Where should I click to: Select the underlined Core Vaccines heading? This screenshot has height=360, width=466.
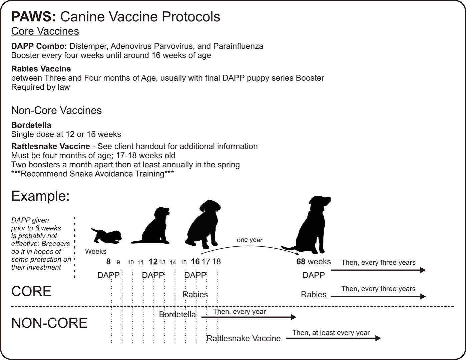tap(45, 31)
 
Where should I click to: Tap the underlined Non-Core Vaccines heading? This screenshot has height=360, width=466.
tap(56, 111)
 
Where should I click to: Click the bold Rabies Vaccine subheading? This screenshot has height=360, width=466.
tap(41, 69)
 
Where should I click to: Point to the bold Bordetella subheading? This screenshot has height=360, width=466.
tap(31, 125)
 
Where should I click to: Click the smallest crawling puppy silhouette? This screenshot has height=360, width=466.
tap(106, 236)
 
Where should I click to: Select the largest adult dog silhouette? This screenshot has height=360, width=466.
tap(307, 225)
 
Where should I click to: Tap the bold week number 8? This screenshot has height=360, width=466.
tap(108, 262)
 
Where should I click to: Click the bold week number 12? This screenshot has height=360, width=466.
tap(153, 262)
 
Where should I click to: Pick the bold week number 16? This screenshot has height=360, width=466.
tap(195, 262)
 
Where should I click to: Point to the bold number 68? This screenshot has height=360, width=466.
tap(301, 262)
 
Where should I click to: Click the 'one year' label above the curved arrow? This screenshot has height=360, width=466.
tap(250, 240)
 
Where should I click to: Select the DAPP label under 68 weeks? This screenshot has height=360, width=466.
tap(314, 275)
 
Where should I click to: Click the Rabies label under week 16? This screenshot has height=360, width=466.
tap(195, 294)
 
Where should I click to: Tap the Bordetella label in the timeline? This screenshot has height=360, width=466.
tap(177, 315)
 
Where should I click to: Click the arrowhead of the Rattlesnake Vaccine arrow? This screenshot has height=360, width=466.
tap(378, 338)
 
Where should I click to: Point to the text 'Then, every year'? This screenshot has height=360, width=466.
tap(239, 311)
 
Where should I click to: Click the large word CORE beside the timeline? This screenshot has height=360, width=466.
tap(31, 291)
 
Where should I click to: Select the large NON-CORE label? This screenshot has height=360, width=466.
tap(49, 323)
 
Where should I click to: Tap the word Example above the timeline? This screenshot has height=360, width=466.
tap(41, 196)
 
